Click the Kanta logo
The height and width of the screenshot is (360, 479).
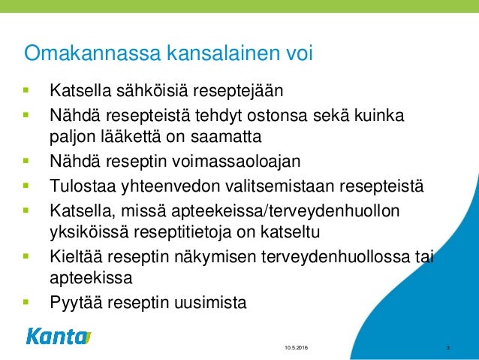click(x=58, y=337)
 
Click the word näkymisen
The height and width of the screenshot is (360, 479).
click(x=213, y=257)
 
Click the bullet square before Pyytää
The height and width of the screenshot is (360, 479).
click(x=27, y=303)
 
